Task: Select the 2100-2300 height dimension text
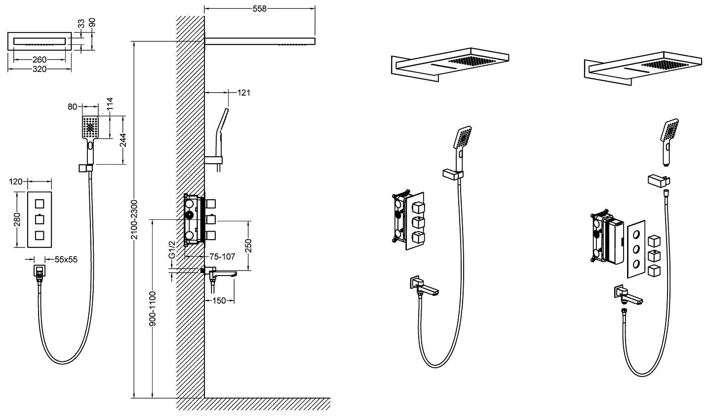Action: tap(134, 220)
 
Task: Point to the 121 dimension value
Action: tap(243, 92)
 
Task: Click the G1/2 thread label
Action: tap(172, 250)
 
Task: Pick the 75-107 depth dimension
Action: tap(222, 256)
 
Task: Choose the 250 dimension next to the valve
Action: tap(248, 245)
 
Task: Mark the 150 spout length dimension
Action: tap(219, 300)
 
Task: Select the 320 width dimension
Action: tap(39, 69)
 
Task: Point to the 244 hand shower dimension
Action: tap(123, 140)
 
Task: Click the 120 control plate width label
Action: tap(16, 181)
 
